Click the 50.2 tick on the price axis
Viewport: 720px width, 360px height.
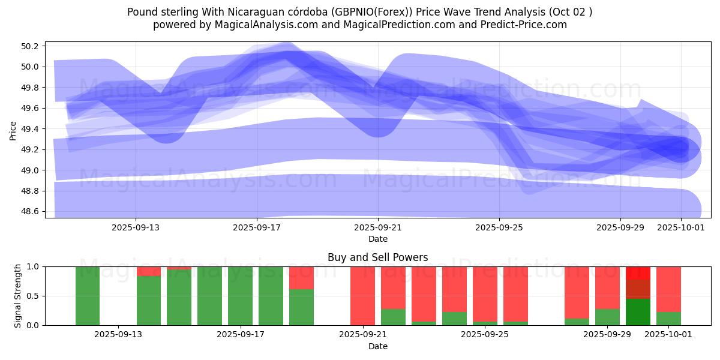(x=31, y=46)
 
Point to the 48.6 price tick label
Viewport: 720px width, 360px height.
(x=31, y=212)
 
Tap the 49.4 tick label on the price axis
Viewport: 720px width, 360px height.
(x=31, y=129)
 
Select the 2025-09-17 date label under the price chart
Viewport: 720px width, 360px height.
(x=257, y=227)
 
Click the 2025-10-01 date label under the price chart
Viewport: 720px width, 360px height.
(x=681, y=227)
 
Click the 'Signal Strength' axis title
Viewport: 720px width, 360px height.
(x=18, y=296)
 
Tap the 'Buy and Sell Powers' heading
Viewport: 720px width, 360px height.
(x=377, y=257)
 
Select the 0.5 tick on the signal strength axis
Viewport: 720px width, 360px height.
(x=33, y=296)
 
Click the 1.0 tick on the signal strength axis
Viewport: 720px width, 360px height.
(x=33, y=266)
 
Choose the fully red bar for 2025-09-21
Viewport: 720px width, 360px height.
(x=362, y=296)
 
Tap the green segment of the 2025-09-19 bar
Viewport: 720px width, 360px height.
(x=301, y=307)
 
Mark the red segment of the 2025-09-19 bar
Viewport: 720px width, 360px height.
(x=301, y=278)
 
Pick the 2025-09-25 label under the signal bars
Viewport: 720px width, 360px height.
(x=484, y=334)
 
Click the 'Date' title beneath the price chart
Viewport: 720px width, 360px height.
(x=377, y=239)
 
